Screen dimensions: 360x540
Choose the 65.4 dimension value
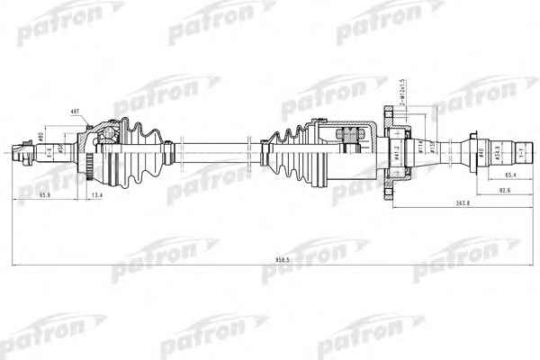click(x=508, y=175)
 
